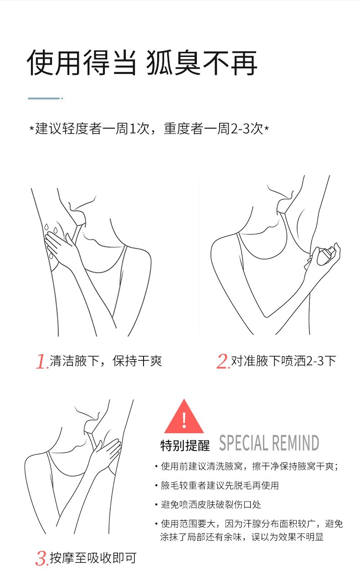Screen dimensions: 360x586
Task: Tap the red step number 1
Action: pos(41,361)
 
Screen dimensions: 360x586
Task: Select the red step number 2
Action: pos(223,361)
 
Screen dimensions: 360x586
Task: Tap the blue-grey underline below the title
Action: pos(45,99)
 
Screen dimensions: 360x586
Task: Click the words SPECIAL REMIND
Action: pos(269,443)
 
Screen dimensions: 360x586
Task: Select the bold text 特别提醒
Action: pos(185,446)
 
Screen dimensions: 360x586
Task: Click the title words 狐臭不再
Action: pos(201,63)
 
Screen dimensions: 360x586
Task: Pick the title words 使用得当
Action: pos(82,63)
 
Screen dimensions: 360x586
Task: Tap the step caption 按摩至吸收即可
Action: pos(93,558)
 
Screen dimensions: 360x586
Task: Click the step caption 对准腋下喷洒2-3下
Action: pos(283,361)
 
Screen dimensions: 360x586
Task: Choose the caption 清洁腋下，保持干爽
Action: pos(106,361)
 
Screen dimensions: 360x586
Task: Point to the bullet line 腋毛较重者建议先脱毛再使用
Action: pos(220,485)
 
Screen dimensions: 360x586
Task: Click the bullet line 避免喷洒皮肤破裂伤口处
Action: pos(211,504)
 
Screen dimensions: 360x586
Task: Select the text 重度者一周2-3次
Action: pos(213,129)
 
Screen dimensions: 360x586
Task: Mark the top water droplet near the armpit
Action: pos(46,227)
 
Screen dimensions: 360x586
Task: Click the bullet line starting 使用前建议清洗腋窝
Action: pos(249,466)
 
